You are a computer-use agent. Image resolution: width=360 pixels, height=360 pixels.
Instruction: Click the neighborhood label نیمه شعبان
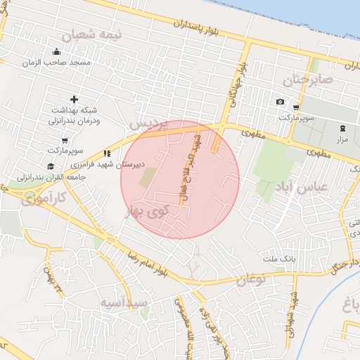click(x=91, y=35)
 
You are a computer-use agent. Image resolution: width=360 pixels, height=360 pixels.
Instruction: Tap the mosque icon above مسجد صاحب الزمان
click(x=57, y=51)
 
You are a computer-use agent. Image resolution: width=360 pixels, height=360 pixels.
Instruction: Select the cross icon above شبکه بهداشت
click(x=74, y=100)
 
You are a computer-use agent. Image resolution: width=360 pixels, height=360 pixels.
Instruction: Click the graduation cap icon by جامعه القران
click(x=50, y=166)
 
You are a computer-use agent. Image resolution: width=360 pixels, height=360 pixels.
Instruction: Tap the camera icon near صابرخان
click(x=280, y=102)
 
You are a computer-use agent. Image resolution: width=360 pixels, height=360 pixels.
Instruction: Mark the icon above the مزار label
click(x=342, y=128)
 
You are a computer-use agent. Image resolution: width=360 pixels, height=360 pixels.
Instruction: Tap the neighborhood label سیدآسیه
click(x=124, y=303)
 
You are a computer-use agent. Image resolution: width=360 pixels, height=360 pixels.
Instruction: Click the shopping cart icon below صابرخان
click(x=296, y=108)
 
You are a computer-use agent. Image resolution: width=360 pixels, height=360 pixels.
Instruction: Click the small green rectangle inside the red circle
click(x=148, y=177)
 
